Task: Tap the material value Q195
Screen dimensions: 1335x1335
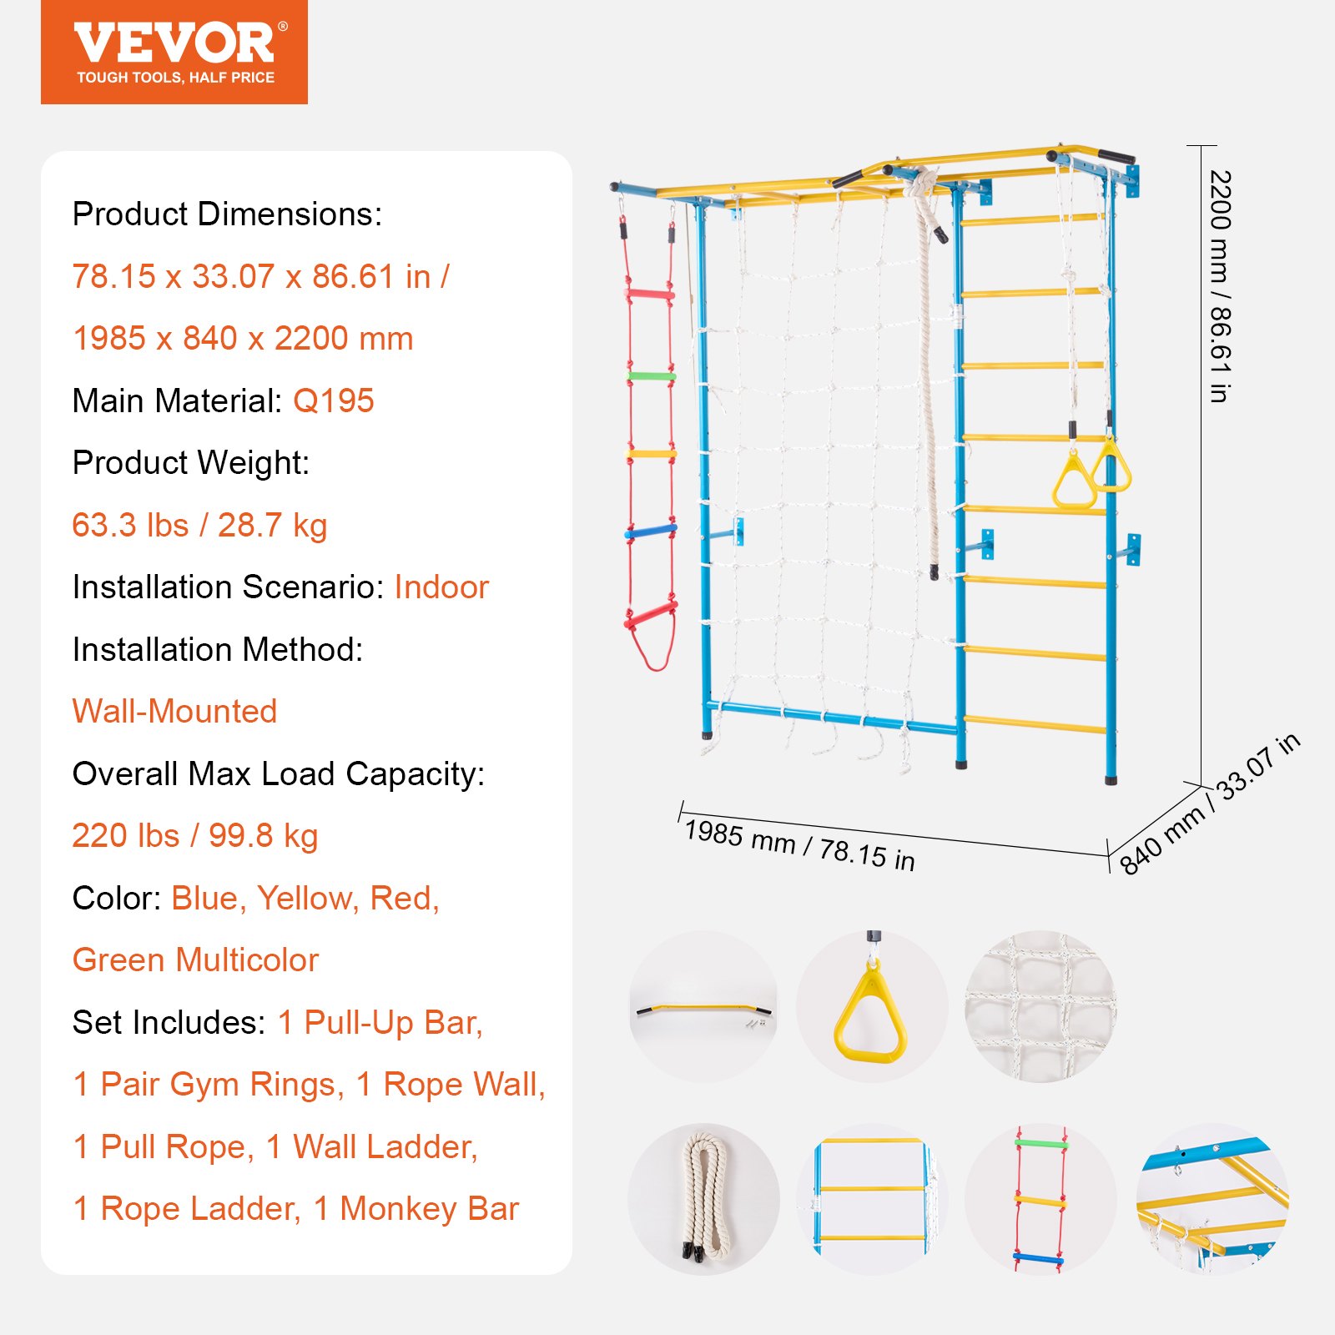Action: point(333,401)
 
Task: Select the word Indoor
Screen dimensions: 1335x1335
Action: point(441,587)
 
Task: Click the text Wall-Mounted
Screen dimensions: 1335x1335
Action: point(174,712)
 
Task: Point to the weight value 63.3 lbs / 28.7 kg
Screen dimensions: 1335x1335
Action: point(199,526)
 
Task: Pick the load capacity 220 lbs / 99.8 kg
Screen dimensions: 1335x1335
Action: point(195,836)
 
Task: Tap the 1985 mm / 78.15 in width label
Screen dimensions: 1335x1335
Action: point(799,845)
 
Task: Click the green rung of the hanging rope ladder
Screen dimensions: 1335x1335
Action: point(652,376)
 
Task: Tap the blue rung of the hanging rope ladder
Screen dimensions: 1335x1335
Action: point(651,531)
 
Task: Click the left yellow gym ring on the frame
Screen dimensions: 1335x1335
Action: point(1074,484)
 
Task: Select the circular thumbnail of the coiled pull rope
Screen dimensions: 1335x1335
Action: point(703,1199)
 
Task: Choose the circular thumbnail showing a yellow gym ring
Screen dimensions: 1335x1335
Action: point(871,1006)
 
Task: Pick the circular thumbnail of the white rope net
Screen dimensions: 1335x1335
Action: point(1040,1006)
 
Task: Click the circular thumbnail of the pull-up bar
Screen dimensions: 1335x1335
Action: point(703,1006)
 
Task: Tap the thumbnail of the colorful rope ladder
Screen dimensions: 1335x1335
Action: point(1040,1199)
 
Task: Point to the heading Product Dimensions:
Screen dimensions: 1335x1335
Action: point(227,214)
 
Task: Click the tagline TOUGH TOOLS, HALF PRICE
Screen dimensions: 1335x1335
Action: point(175,78)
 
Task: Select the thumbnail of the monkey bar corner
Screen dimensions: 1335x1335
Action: point(1212,1199)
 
